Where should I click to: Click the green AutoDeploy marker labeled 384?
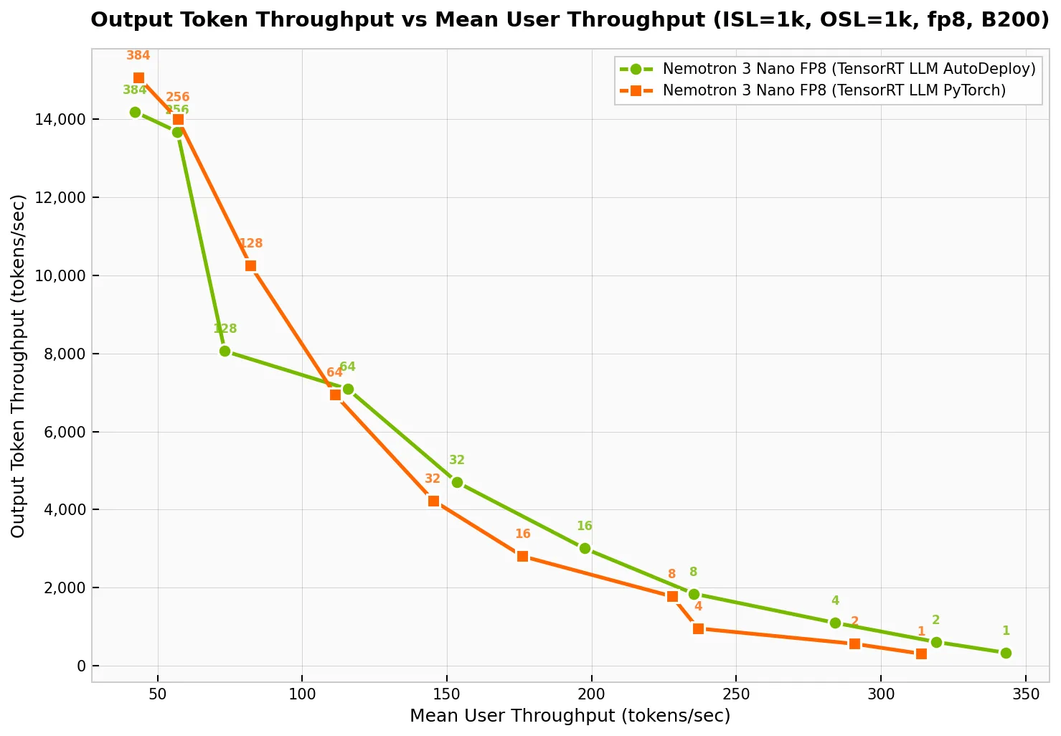tap(135, 112)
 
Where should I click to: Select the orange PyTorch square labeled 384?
tap(138, 77)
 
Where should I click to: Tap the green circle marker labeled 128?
tap(225, 351)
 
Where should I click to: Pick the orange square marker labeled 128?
tap(250, 265)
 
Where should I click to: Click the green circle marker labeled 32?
tap(457, 482)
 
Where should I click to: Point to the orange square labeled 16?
tap(522, 556)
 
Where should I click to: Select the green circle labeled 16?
tap(585, 548)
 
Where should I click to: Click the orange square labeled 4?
tap(698, 628)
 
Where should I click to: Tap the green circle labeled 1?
tap(1006, 653)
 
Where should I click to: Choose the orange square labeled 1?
tap(921, 654)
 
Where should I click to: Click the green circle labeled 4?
tap(835, 623)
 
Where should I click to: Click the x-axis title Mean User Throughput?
tap(570, 716)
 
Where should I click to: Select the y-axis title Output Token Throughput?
tap(19, 366)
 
